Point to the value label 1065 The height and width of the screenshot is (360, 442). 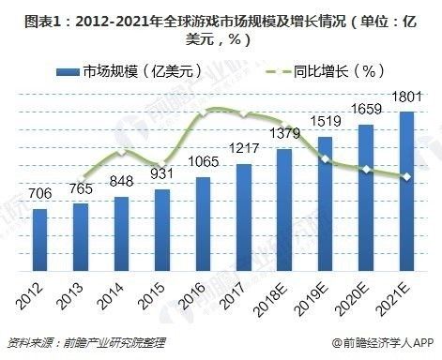pos(203,161)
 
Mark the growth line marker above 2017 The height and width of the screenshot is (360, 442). pos(243,114)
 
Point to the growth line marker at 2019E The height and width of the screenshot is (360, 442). pos(325,159)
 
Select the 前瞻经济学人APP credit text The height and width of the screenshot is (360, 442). pos(385,343)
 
